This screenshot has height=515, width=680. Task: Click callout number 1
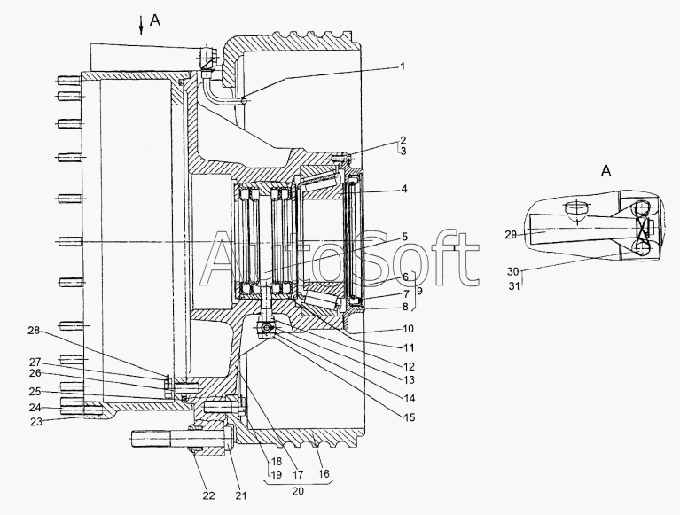click(x=403, y=66)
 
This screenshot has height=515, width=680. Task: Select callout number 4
click(x=404, y=189)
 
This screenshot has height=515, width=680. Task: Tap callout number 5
click(x=404, y=237)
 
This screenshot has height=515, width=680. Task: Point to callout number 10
click(x=408, y=329)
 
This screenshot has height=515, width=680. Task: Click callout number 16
click(x=324, y=473)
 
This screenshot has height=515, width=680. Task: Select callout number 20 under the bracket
click(x=298, y=491)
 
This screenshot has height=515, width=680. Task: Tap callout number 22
click(x=208, y=495)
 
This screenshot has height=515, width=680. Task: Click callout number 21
click(x=241, y=495)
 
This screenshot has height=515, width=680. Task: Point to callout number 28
click(x=34, y=331)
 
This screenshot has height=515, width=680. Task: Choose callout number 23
click(x=36, y=421)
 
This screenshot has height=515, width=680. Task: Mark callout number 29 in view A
click(x=511, y=235)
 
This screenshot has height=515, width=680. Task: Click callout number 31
click(x=513, y=286)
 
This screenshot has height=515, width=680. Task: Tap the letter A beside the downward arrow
click(x=155, y=20)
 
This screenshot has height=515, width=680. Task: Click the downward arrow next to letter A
click(x=140, y=25)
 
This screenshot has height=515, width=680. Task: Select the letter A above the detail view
click(x=606, y=171)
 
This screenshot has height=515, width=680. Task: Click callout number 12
click(x=409, y=366)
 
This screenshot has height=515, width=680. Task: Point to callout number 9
click(x=419, y=292)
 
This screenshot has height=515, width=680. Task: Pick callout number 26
click(x=35, y=373)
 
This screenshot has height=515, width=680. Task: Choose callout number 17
click(x=298, y=475)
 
